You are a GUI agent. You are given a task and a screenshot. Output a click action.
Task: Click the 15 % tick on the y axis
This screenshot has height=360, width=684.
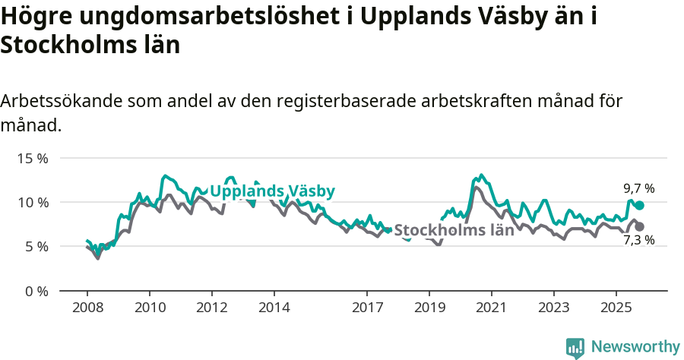(33, 158)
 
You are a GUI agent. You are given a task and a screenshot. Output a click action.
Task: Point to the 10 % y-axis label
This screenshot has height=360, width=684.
(33, 202)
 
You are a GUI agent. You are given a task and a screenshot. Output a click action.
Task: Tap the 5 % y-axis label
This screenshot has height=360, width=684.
(36, 246)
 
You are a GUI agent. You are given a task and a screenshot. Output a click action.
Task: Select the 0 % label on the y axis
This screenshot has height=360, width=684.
(36, 291)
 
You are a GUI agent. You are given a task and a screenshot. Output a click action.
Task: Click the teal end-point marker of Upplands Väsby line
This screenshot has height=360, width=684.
(640, 205)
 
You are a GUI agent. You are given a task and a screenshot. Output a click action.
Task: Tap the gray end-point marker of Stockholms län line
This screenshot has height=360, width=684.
(640, 226)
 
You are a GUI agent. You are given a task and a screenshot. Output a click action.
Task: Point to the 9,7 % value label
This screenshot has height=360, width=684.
(638, 188)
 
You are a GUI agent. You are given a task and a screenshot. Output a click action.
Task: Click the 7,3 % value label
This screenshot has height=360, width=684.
(638, 241)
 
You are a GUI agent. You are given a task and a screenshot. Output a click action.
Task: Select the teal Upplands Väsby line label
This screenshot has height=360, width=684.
(272, 191)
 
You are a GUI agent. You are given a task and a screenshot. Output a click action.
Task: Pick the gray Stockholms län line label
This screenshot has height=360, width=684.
(454, 230)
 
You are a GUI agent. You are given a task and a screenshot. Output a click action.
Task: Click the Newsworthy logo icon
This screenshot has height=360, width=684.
(575, 347)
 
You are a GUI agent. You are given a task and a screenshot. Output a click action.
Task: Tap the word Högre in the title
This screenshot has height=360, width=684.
(31, 17)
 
